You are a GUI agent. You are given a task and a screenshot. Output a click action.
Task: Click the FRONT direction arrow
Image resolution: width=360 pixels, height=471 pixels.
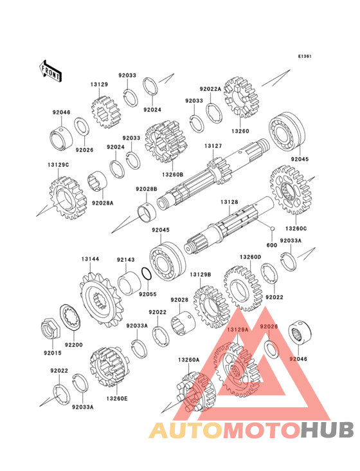pyautogui.click(x=50, y=71)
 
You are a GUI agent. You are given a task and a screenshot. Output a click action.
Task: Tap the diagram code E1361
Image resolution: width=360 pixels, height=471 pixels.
pyautogui.click(x=305, y=56)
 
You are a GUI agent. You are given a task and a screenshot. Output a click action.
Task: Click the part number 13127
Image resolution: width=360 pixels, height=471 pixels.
pyautogui.click(x=213, y=146)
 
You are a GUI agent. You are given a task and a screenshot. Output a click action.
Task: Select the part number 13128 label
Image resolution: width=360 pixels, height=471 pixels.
pyautogui.click(x=230, y=202)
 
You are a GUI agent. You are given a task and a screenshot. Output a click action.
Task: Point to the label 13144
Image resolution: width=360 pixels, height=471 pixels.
pyautogui.click(x=90, y=259)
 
